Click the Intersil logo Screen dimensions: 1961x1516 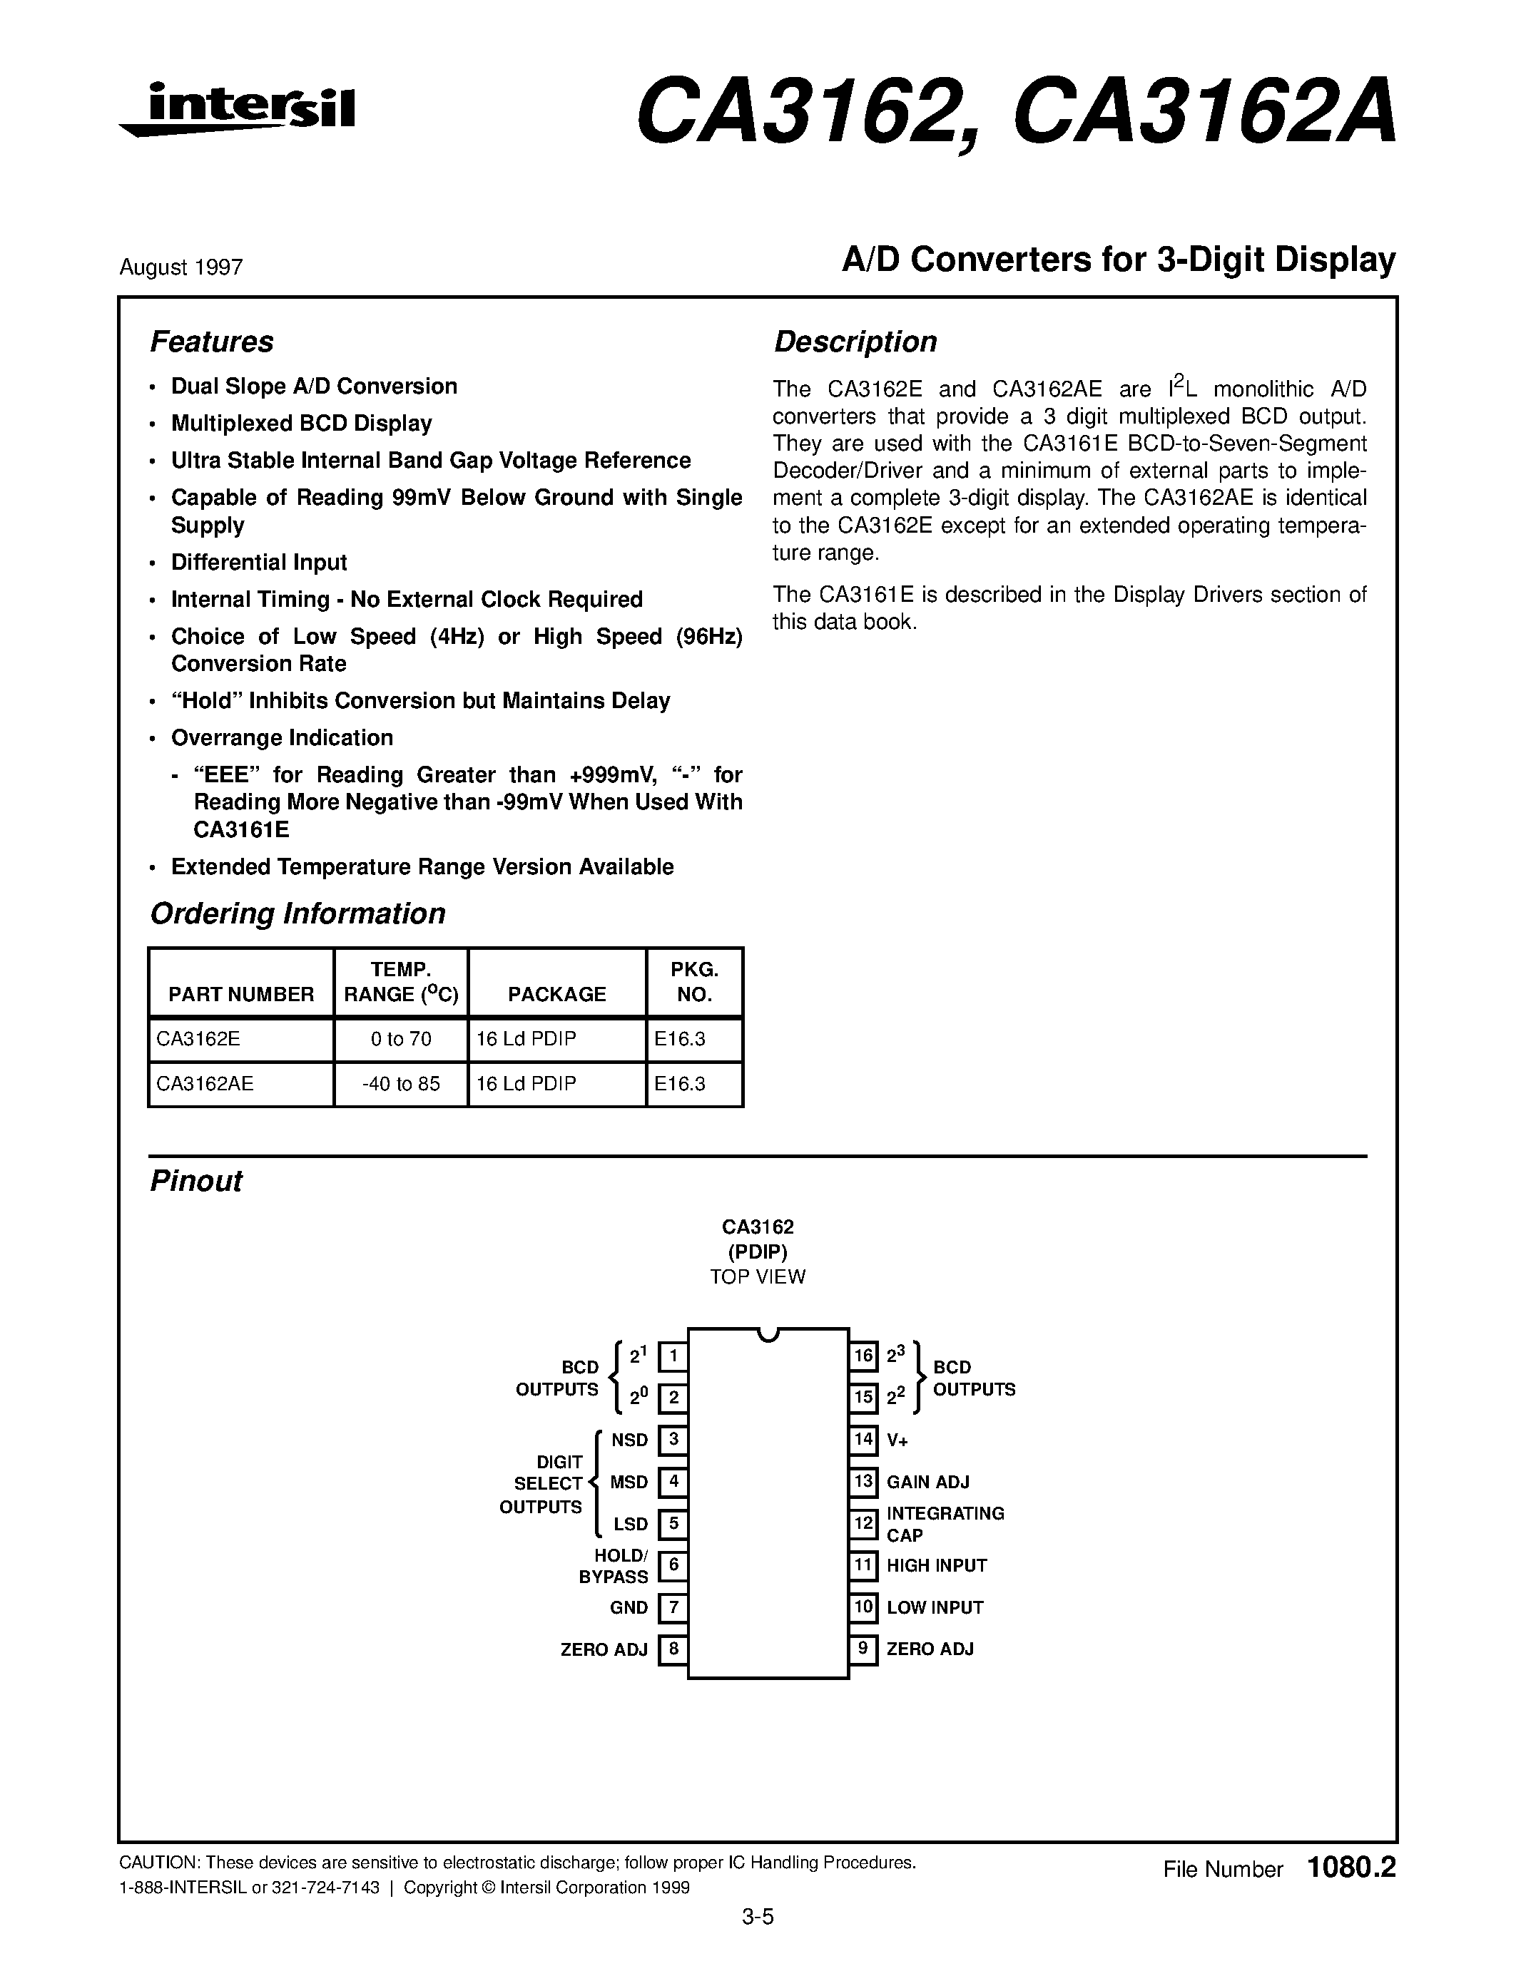click(238, 110)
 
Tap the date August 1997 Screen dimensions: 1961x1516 click(180, 267)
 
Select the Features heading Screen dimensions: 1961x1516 click(211, 342)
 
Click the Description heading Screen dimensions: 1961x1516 click(855, 342)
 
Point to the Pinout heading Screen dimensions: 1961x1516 click(195, 1181)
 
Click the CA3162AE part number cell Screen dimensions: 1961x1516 click(205, 1084)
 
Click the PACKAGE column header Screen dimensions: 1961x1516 click(557, 994)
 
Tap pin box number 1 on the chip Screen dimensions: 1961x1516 click(673, 1356)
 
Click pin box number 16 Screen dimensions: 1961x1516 click(863, 1355)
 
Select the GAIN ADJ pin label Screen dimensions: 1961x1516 click(927, 1482)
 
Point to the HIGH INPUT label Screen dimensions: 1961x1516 click(937, 1566)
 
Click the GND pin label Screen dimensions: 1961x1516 click(629, 1607)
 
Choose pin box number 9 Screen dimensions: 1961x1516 click(863, 1649)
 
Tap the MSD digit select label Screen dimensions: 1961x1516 click(629, 1482)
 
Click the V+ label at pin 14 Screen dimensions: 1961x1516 click(897, 1440)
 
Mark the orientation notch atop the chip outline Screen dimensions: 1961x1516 click(767, 1334)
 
